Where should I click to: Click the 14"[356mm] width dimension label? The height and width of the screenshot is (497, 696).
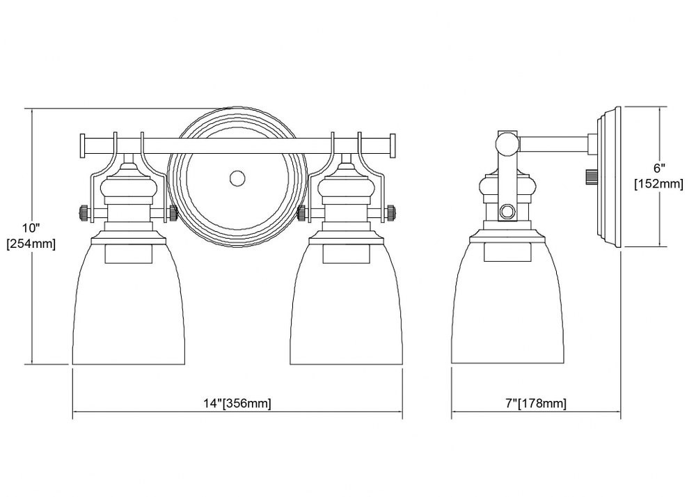(x=237, y=403)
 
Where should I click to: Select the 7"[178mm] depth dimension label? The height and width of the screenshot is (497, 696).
(x=536, y=403)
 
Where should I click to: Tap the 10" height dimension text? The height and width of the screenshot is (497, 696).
(x=31, y=228)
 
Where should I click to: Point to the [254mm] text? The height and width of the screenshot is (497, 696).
(x=31, y=244)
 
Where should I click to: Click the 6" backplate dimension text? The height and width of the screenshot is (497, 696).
(x=660, y=168)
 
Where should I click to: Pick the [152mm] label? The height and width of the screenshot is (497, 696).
(x=658, y=183)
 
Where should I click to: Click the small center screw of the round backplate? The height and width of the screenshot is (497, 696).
(x=237, y=178)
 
